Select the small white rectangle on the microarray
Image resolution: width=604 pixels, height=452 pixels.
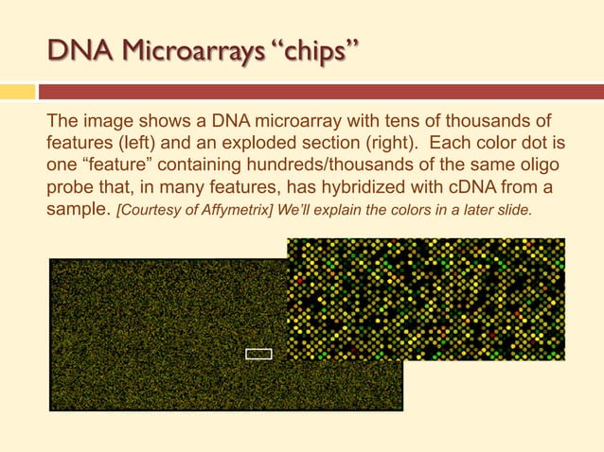pos(258,354)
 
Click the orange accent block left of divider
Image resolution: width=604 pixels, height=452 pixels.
pos(16,92)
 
